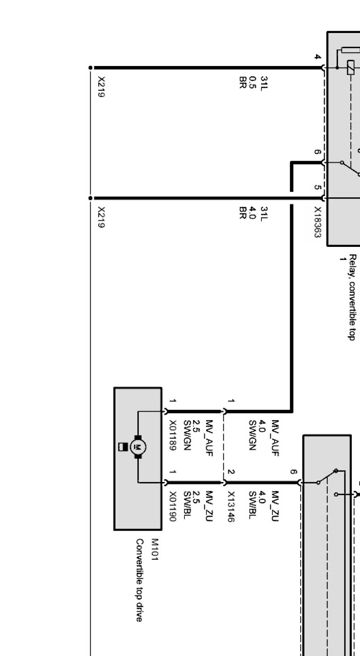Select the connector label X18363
click(318, 222)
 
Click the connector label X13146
click(231, 507)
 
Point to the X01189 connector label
click(173, 435)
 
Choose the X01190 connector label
click(173, 507)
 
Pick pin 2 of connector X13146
click(231, 472)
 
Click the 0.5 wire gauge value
click(253, 82)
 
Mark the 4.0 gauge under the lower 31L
click(253, 213)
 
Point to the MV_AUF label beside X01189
click(209, 438)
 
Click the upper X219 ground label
click(101, 87)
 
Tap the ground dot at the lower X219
click(90, 198)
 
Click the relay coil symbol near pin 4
click(351, 68)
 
